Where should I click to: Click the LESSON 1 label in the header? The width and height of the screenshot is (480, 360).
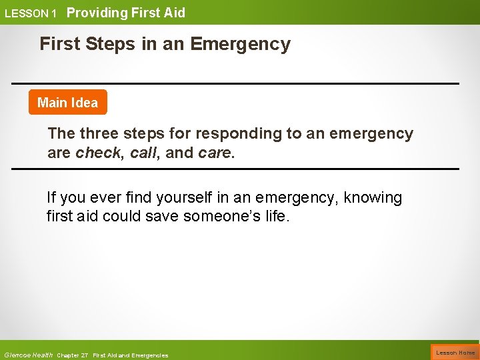[31, 13]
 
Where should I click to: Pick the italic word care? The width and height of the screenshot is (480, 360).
[215, 153]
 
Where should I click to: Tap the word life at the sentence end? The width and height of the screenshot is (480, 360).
[276, 217]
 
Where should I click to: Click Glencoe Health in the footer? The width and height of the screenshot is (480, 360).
[28, 355]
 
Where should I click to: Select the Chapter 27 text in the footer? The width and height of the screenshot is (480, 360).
[73, 355]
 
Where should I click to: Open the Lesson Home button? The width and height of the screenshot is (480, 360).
[455, 353]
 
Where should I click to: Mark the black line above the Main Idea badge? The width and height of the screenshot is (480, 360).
[235, 83]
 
